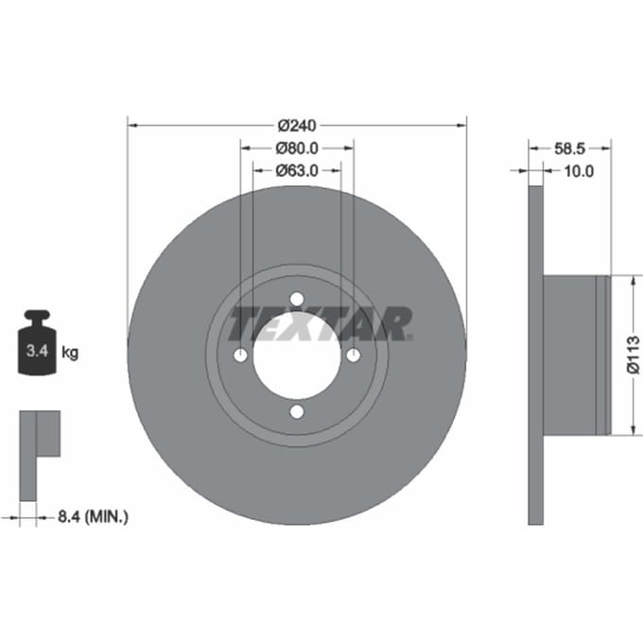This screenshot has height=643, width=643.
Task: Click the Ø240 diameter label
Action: coord(297,126)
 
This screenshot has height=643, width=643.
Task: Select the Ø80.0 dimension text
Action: coord(297,148)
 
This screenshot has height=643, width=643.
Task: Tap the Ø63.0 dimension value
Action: coord(297,170)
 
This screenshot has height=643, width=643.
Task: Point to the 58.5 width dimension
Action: coord(569,148)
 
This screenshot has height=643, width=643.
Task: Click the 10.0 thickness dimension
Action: coord(579,171)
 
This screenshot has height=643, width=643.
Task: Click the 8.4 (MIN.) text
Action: coord(93,516)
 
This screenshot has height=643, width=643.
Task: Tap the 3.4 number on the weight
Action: coord(37,351)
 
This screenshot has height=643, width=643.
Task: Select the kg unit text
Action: coord(70,353)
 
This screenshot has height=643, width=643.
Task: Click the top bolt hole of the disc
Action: coord(297,299)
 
